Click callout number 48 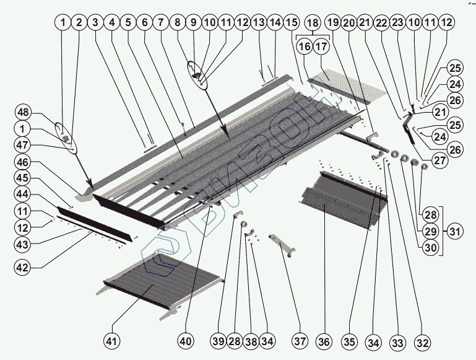(x=24, y=113)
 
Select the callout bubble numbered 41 (x=113, y=341)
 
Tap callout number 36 (x=324, y=341)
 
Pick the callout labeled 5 (x=128, y=23)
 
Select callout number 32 (x=422, y=341)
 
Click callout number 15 (x=291, y=23)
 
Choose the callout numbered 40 (x=186, y=341)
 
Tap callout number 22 (x=383, y=23)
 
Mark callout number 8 (x=178, y=23)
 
